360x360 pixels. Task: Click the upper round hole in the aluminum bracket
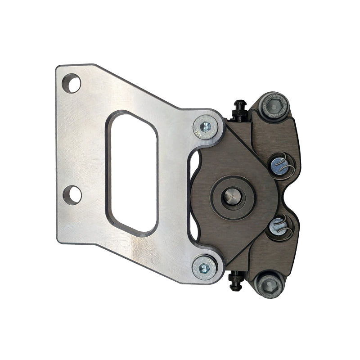coord(72,84)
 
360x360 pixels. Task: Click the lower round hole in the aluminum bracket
coord(72,194)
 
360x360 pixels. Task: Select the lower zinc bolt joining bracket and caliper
coord(205,268)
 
